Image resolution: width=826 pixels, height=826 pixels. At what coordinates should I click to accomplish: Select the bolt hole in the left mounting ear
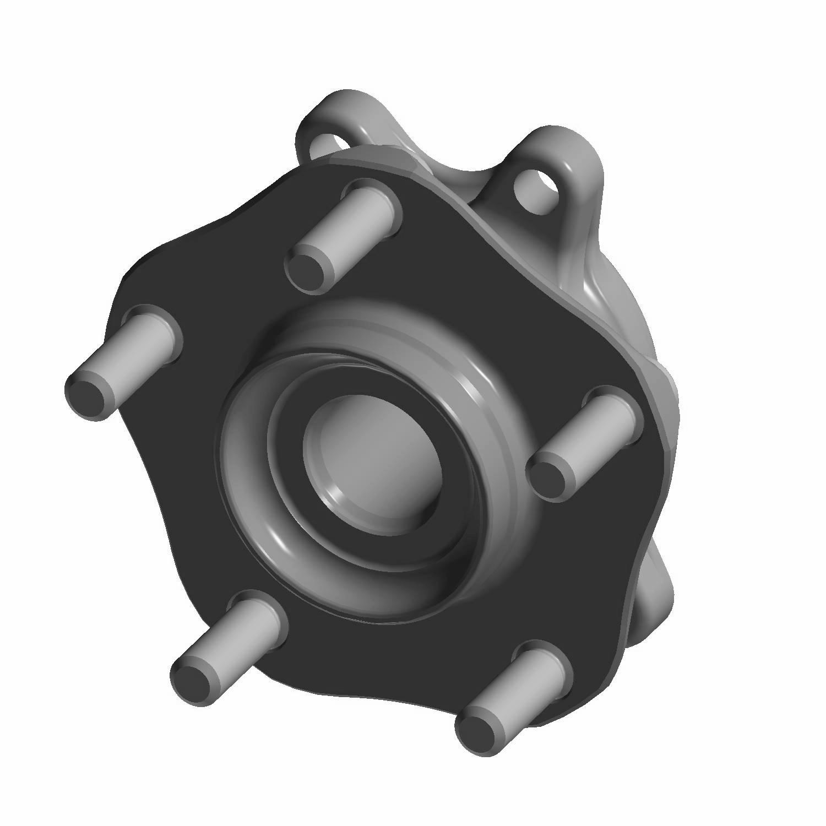(x=330, y=144)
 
